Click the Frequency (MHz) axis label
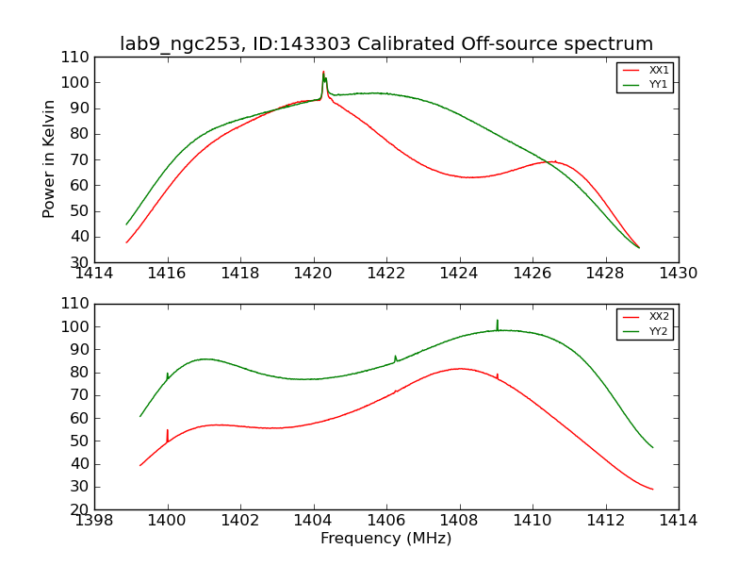(386, 539)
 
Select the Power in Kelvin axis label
(49, 158)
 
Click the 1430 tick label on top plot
(679, 274)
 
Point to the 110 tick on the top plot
(77, 58)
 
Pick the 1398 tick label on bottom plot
(95, 521)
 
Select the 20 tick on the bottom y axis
(80, 509)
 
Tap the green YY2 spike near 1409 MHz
(498, 323)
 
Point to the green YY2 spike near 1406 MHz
(396, 357)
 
